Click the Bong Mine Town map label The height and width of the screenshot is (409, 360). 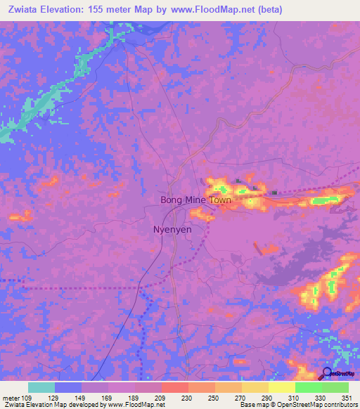click(x=195, y=200)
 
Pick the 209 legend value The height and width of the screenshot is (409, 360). click(x=160, y=397)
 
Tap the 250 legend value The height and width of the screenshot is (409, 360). click(x=214, y=397)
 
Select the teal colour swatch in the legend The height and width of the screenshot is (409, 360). click(x=41, y=387)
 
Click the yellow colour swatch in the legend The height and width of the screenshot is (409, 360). click(x=281, y=387)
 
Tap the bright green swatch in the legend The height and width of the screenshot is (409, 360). click(x=308, y=387)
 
